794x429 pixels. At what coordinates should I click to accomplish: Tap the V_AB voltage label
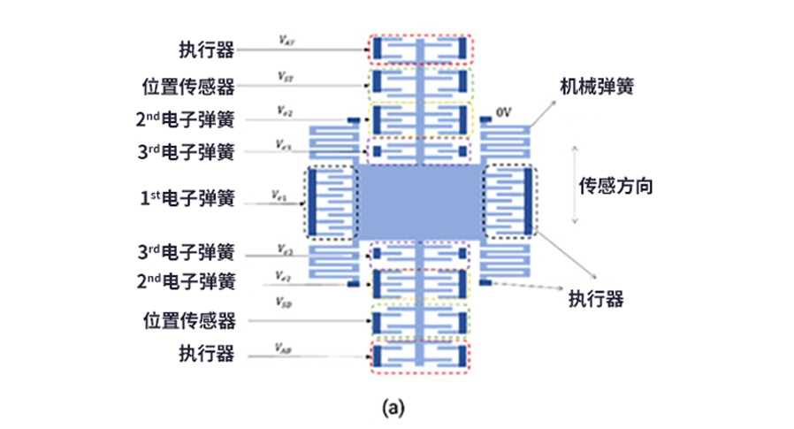[283, 348]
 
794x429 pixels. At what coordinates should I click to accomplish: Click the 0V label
[505, 114]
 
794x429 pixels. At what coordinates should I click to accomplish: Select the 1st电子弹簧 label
[187, 200]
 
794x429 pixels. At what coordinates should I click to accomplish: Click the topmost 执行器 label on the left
[206, 50]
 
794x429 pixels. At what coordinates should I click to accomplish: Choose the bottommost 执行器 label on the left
[206, 354]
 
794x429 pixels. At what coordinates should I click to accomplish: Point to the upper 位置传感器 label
[187, 87]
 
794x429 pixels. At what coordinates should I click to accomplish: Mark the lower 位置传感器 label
[187, 318]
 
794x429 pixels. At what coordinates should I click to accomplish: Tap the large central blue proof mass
[419, 202]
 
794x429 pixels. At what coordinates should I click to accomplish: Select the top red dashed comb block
[421, 50]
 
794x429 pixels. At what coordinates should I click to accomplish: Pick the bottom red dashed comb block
[421, 356]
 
